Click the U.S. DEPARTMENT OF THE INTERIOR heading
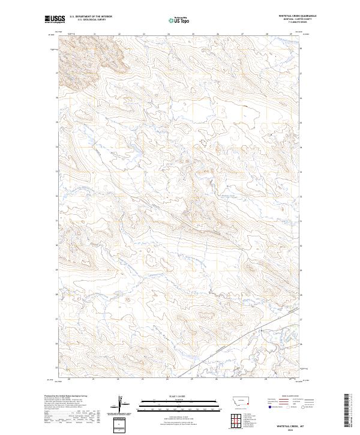(x=91, y=16)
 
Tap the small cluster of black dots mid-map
(x=203, y=143)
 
